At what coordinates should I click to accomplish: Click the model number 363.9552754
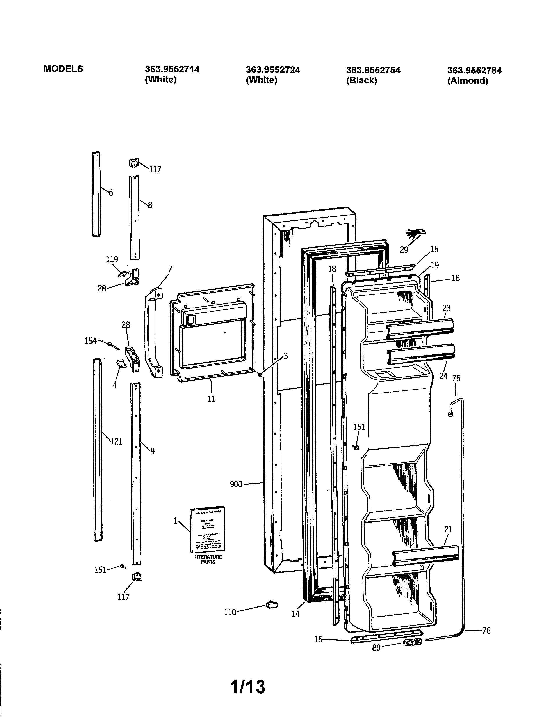pos(373,70)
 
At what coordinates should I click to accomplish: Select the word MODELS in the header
pos(63,69)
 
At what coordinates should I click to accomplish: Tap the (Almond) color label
pos(468,81)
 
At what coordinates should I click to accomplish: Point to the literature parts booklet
pos(207,530)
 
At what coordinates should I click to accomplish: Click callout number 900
pos(236,484)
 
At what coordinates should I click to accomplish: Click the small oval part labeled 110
pos(272,605)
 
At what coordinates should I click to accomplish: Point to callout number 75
pos(456,378)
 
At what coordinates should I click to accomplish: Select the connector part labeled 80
pos(413,642)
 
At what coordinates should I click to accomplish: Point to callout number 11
pos(211,399)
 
